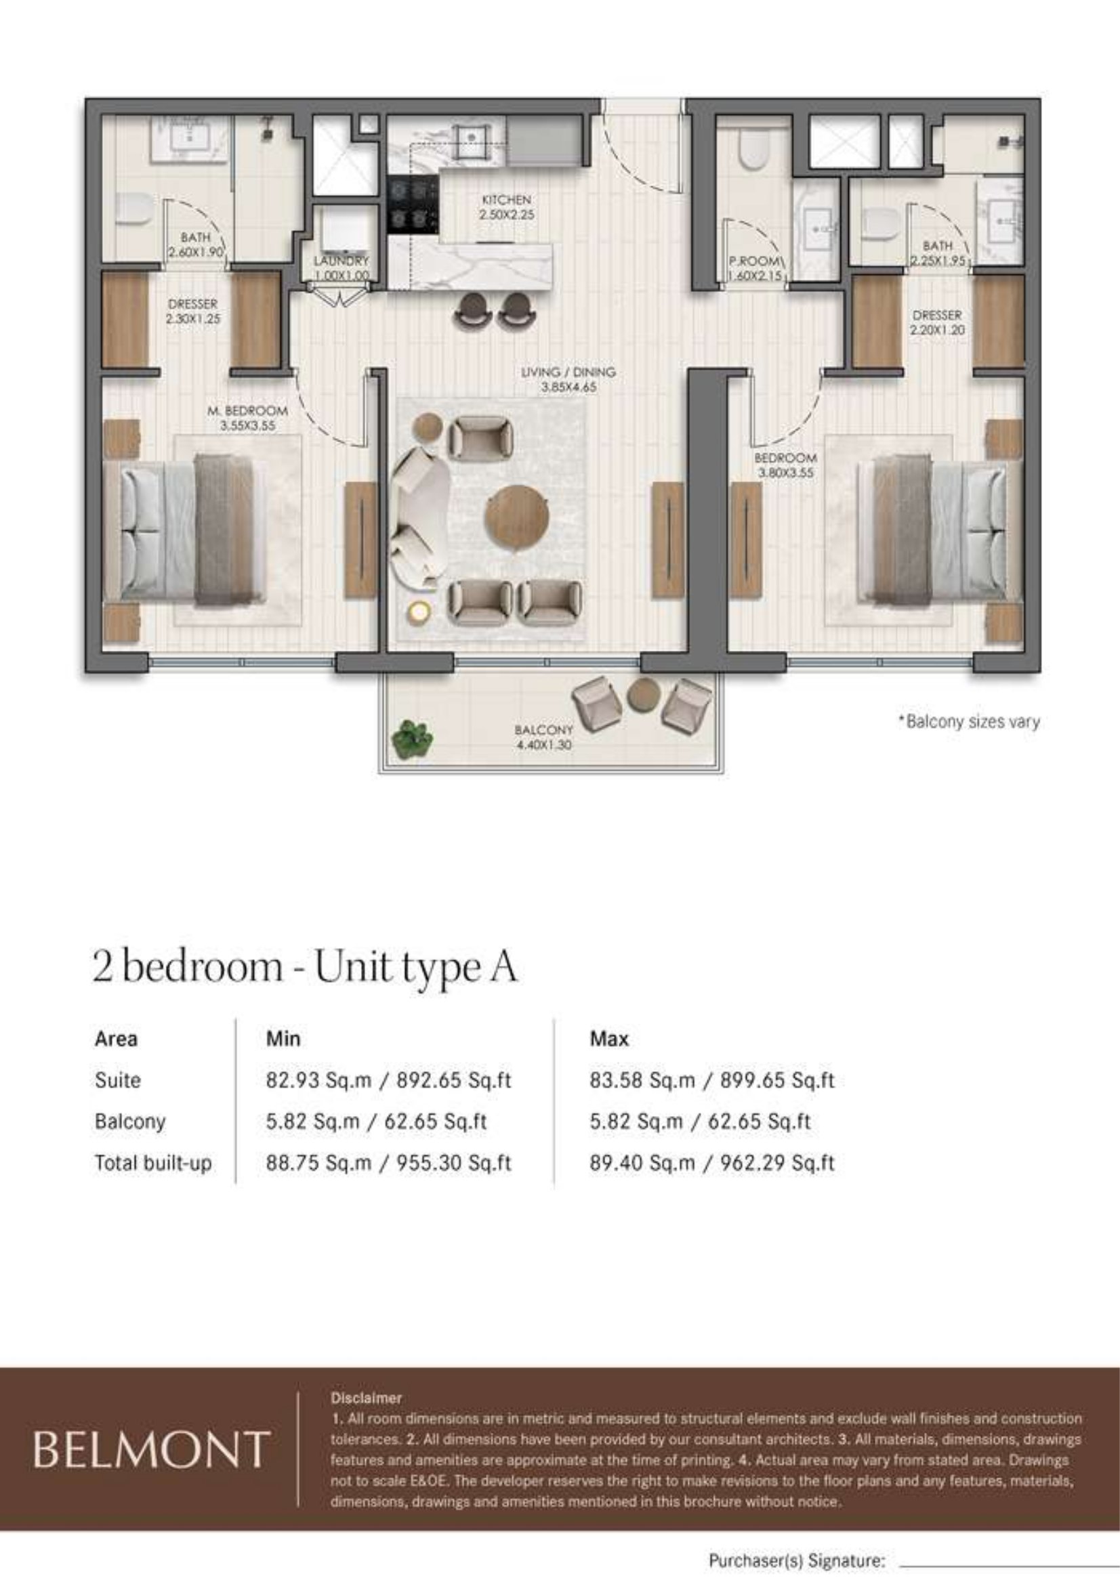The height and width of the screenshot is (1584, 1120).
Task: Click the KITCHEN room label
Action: click(x=507, y=199)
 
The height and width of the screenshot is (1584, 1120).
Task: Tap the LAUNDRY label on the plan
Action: click(x=341, y=261)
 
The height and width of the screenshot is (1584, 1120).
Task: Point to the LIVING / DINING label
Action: click(x=568, y=372)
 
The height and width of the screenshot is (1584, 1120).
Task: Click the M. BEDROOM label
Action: click(x=248, y=410)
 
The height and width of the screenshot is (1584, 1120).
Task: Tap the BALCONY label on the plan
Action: click(x=543, y=729)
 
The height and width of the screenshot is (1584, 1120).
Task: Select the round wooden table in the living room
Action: click(x=518, y=517)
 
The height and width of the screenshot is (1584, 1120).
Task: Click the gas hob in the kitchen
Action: click(x=413, y=205)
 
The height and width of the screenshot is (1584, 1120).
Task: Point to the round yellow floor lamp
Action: click(x=418, y=611)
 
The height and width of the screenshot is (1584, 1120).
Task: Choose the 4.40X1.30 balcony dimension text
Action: click(x=543, y=744)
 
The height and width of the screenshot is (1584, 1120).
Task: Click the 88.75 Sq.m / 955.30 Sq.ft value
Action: click(x=388, y=1163)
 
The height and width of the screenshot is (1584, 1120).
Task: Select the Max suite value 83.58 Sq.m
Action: click(x=642, y=1079)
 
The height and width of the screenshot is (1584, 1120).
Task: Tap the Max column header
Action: click(x=609, y=1038)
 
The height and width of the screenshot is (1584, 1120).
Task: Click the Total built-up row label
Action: click(x=153, y=1163)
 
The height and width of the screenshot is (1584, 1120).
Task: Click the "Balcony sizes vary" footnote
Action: click(x=969, y=722)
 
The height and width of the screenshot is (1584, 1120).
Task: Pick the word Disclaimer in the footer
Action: click(x=366, y=1398)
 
